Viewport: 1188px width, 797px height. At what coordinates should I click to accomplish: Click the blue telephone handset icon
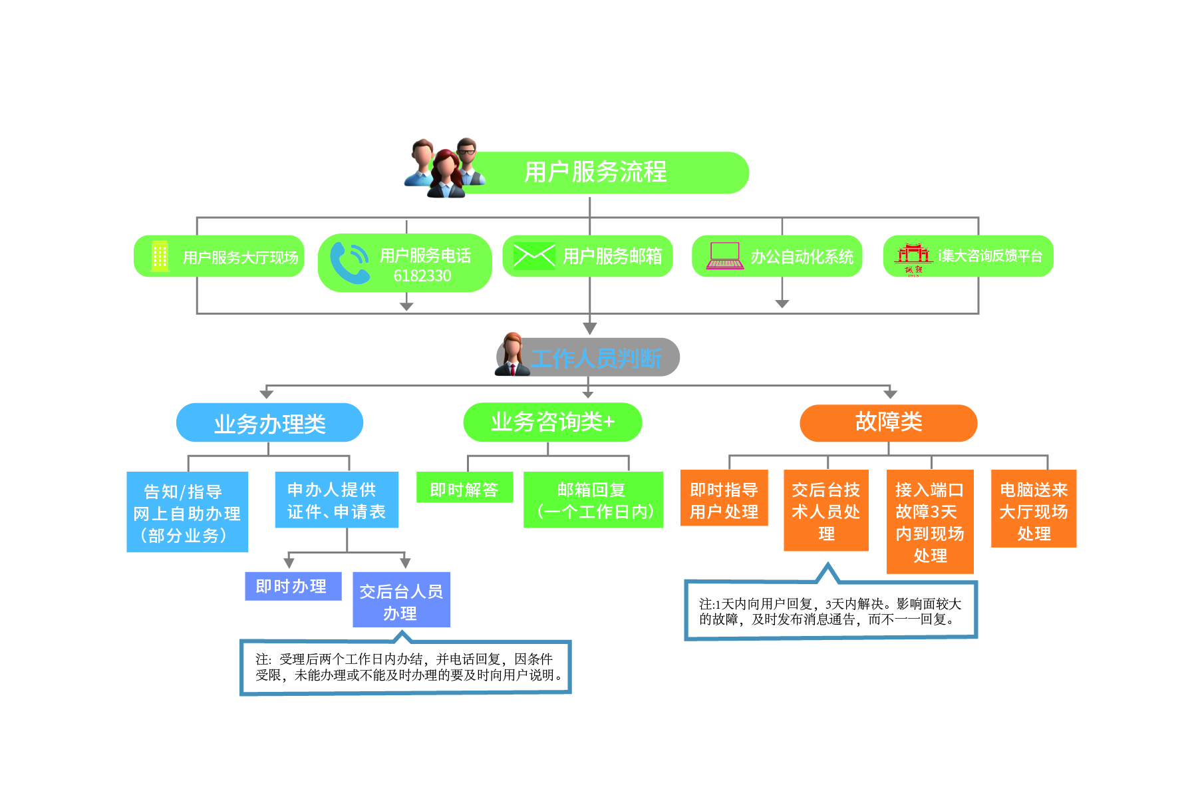[349, 263]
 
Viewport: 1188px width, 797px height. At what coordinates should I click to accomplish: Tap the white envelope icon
[533, 255]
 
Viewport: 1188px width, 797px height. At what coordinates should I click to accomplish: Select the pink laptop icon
[724, 255]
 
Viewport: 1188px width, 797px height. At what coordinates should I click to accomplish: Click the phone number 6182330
[422, 276]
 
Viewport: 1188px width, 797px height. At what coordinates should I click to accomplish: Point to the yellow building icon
[160, 256]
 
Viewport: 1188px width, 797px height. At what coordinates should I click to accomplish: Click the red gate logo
[913, 255]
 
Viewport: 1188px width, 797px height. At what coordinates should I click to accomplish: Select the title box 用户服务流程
[595, 172]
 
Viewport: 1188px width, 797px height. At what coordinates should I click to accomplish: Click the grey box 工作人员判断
[595, 358]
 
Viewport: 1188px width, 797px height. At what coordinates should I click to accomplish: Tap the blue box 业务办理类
[269, 423]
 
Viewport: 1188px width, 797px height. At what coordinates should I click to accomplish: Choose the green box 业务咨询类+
[552, 422]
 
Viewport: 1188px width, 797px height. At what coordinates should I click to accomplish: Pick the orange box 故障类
[888, 422]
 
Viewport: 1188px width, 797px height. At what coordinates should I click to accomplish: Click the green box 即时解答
[464, 490]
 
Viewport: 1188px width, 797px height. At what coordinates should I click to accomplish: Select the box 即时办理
[293, 586]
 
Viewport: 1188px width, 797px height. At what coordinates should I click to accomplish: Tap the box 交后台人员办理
[401, 601]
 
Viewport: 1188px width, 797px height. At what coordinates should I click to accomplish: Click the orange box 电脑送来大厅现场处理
[1033, 510]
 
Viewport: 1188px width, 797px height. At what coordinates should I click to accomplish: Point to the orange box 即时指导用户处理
[724, 500]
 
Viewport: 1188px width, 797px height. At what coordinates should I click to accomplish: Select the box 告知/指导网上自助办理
[187, 512]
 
